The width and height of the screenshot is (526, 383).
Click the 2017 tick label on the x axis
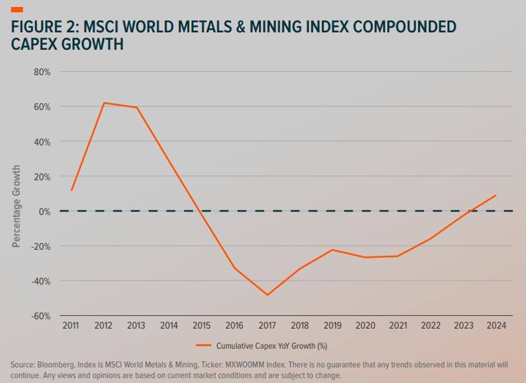point(268,325)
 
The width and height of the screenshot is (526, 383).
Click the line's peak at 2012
point(103,103)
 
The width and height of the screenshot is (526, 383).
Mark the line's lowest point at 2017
point(268,295)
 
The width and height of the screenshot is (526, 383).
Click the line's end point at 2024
point(496,195)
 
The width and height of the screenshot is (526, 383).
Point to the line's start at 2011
point(71,190)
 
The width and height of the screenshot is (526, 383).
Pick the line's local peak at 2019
point(333,250)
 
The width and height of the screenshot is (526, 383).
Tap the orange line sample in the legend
point(203,346)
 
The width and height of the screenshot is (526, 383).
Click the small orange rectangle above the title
point(17,9)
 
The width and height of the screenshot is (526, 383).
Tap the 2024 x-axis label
point(496,325)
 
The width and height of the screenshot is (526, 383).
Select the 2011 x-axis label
point(71,325)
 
